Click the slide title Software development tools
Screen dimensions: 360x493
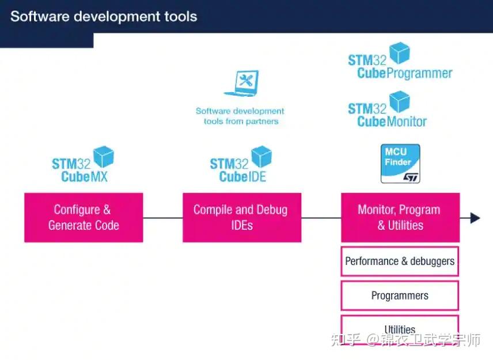click(104, 16)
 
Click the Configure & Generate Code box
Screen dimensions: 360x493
click(84, 217)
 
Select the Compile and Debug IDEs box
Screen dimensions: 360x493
click(241, 217)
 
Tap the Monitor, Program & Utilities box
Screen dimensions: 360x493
click(400, 217)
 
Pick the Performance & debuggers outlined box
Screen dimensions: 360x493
click(400, 261)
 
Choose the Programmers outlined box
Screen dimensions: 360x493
click(400, 295)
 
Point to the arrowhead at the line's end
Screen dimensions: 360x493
click(475, 218)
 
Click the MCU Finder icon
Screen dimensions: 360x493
click(400, 164)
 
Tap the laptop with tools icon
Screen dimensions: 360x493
click(242, 84)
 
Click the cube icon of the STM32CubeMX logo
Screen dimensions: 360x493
click(104, 156)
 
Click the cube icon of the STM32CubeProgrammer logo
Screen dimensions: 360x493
click(399, 53)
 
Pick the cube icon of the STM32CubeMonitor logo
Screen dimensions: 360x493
click(399, 101)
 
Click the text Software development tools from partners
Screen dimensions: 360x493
click(240, 116)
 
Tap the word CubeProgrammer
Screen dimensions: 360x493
click(404, 74)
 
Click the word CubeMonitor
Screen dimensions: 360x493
click(392, 122)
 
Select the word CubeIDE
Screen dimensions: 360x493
click(242, 177)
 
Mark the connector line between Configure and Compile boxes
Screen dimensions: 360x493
click(162, 218)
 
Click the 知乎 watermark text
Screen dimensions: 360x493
click(344, 340)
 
